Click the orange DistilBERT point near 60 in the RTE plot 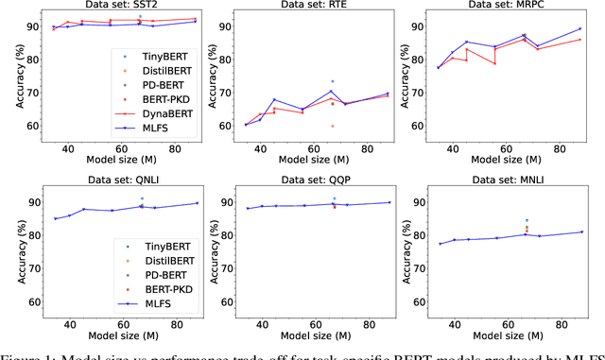point(332,126)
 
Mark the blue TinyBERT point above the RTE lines point(332,81)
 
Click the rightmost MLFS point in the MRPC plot point(579,28)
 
